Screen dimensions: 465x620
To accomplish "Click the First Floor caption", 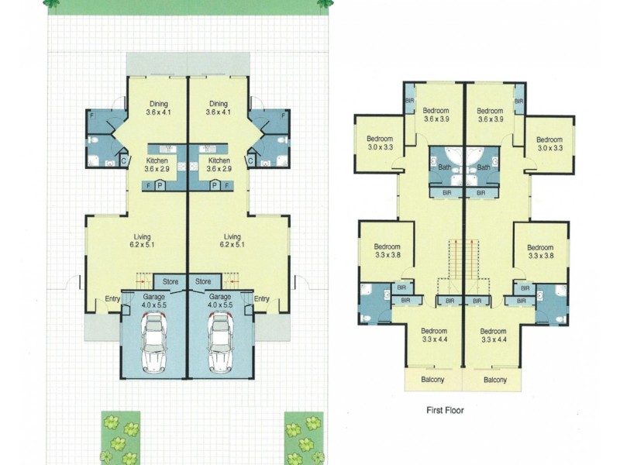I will (445, 410).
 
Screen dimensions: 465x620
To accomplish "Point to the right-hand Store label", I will (203, 281).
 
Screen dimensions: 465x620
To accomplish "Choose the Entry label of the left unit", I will (113, 299).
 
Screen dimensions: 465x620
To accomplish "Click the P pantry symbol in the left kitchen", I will (160, 186).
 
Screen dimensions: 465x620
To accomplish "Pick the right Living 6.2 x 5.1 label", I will (232, 241).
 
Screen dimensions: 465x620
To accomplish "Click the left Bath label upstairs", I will (446, 167).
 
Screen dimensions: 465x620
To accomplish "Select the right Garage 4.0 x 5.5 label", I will (220, 301).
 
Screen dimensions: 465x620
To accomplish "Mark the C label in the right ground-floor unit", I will (250, 160).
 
